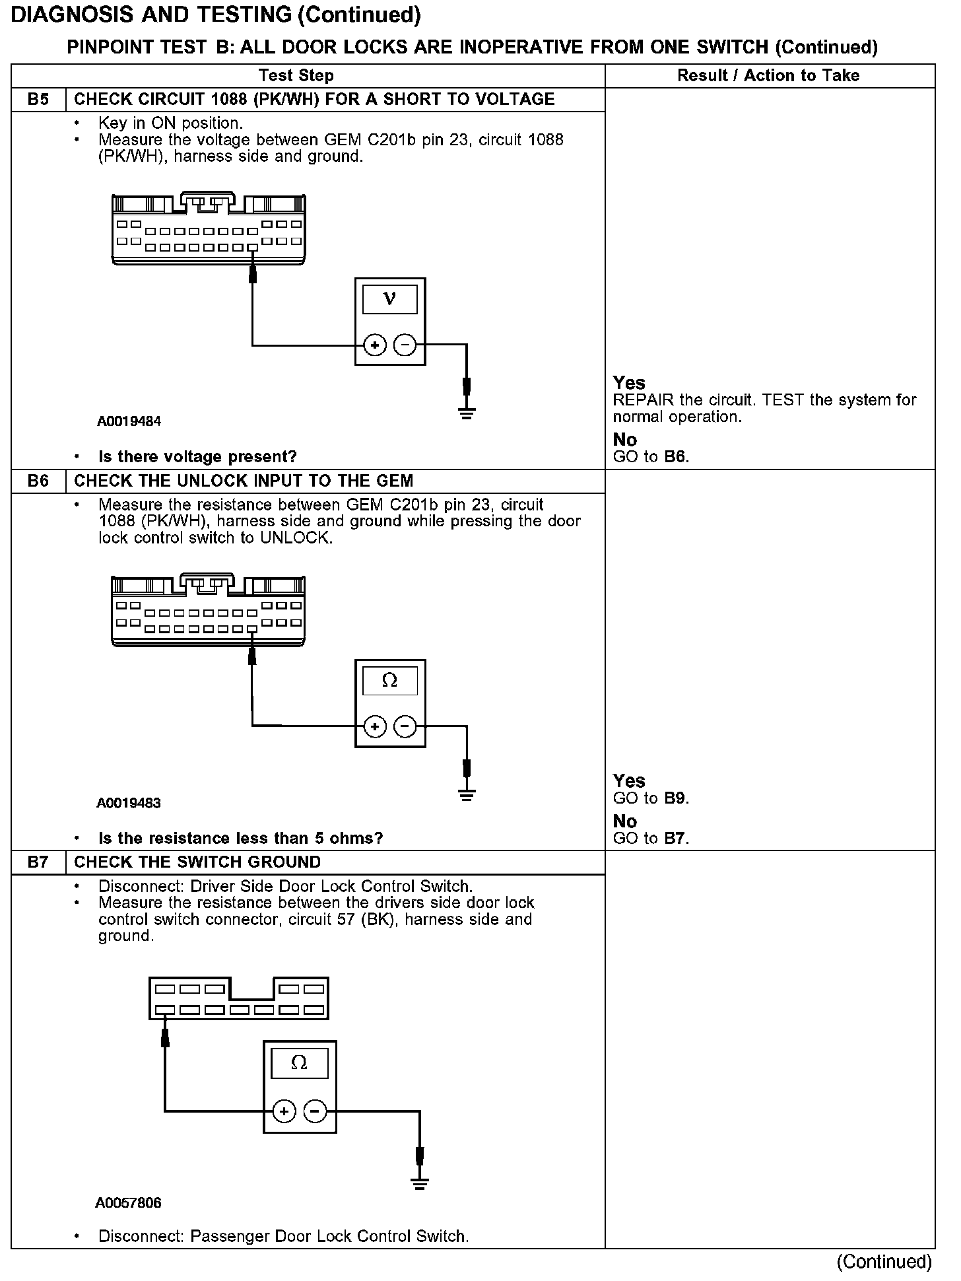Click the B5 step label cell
click(x=38, y=100)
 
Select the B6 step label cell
click(x=38, y=481)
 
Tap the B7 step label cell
click(x=38, y=862)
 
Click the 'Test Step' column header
click(x=296, y=76)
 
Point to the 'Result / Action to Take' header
click(x=768, y=76)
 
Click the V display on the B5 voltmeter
click(x=390, y=299)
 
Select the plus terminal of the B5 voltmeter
click(x=375, y=345)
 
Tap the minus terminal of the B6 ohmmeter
click(x=405, y=727)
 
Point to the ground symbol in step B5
click(x=467, y=414)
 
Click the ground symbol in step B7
click(x=419, y=1183)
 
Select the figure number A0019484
click(x=129, y=421)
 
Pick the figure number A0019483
click(x=129, y=803)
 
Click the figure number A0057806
click(x=128, y=1202)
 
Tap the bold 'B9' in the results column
click(x=675, y=798)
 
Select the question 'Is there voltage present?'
click(x=197, y=456)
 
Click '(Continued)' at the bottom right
click(x=884, y=1262)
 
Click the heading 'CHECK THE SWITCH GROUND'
click(x=197, y=862)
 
